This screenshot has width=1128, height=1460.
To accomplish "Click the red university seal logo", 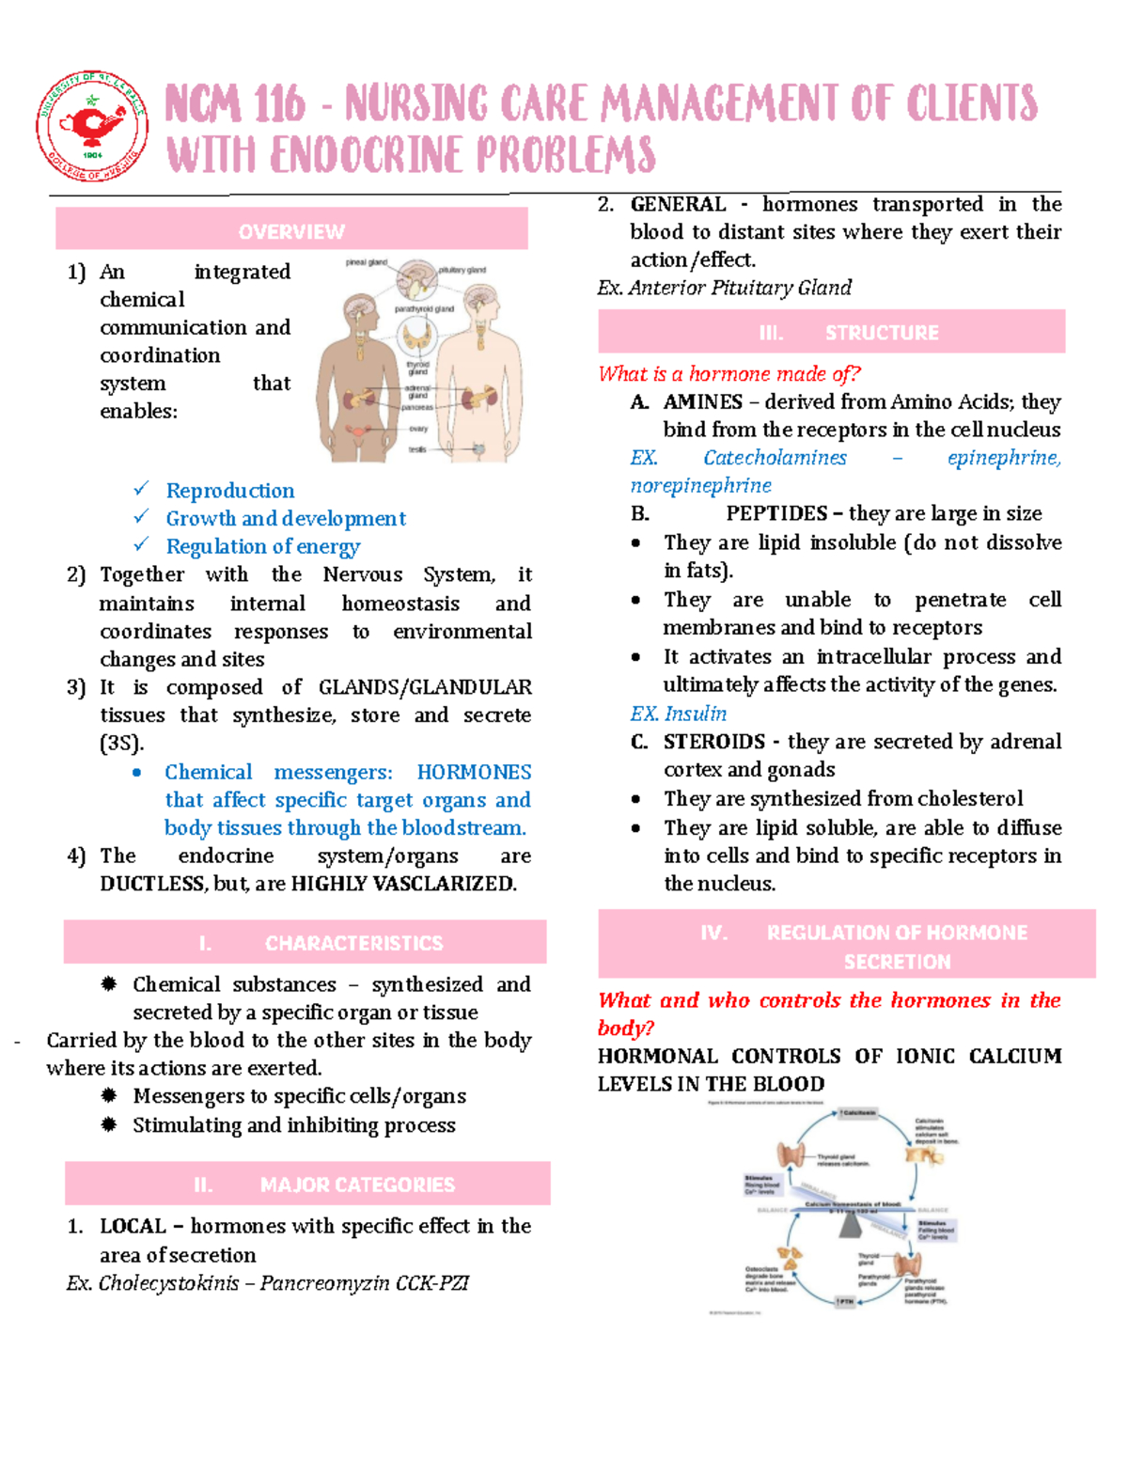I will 91,126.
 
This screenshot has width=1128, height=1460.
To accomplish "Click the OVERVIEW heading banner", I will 291,231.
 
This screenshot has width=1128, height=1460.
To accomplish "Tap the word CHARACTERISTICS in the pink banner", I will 353,943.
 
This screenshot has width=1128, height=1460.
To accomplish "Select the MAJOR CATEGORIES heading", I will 357,1185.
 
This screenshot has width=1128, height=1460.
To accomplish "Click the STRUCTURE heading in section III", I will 882,333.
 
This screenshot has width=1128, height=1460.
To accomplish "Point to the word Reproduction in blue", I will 230,491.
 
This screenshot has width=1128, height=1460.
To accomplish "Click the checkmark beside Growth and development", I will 141,517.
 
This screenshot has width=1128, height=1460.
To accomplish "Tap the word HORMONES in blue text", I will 474,772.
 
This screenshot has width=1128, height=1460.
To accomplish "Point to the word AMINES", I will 702,402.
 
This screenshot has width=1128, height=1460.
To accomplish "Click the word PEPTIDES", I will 776,513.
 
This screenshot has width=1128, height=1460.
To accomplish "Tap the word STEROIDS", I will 713,742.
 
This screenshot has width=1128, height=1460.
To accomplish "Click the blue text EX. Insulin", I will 678,714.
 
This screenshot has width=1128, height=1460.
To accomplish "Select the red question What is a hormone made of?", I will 728,374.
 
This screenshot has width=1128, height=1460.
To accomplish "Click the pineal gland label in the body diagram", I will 366,262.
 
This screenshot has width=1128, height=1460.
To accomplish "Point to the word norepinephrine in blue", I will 700,485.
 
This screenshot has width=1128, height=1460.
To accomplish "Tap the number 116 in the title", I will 279,104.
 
